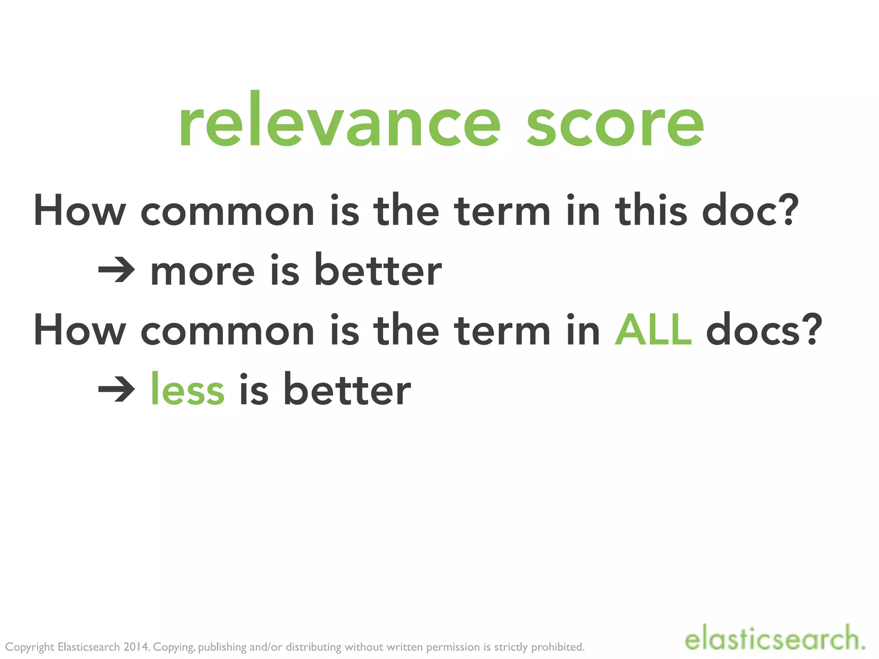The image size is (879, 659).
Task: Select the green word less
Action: point(188,389)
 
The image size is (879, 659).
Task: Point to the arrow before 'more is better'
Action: point(116,270)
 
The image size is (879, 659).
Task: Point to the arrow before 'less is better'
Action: point(116,389)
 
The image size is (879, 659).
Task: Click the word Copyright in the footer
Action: point(30,647)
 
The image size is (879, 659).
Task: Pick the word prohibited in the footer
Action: point(558,647)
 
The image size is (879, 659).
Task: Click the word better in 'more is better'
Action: point(378,270)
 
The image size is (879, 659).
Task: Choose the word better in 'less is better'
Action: point(347,389)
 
